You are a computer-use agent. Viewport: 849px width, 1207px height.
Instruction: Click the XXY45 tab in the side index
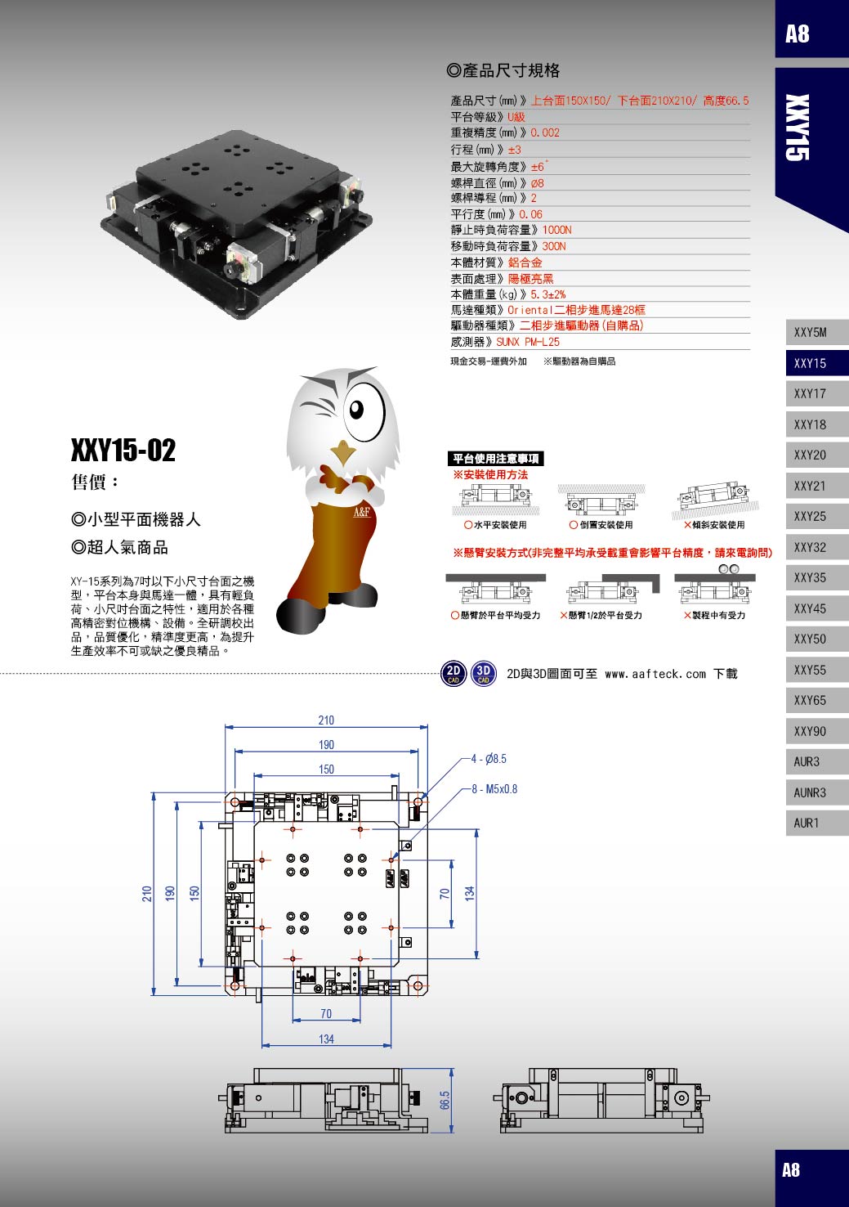click(x=817, y=608)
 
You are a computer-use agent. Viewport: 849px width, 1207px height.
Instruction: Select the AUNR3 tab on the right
click(x=817, y=792)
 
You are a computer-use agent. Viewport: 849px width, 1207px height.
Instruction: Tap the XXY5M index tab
click(x=817, y=332)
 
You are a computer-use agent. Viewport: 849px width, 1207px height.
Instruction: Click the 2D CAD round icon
click(x=454, y=673)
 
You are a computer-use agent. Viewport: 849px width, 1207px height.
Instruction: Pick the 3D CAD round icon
click(x=484, y=673)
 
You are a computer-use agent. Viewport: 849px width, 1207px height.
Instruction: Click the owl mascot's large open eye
click(x=364, y=411)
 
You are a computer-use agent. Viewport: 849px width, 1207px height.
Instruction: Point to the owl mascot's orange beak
click(x=342, y=452)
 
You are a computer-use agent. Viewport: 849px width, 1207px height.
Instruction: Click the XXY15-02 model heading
click(x=123, y=450)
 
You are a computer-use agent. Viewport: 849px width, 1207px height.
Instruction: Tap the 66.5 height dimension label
click(x=445, y=1100)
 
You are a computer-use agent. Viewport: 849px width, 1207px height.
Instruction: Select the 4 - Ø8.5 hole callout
click(x=489, y=759)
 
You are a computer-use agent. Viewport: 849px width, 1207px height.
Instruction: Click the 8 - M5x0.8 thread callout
click(x=494, y=789)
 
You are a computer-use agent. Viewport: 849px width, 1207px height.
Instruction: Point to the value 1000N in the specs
click(x=556, y=230)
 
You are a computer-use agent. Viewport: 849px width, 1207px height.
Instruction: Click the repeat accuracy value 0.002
click(x=545, y=132)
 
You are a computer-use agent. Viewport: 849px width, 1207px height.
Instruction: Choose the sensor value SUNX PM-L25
click(x=528, y=342)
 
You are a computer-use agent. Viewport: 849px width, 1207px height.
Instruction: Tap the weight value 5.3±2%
click(x=548, y=294)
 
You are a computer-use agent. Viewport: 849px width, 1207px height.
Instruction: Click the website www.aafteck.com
click(x=655, y=674)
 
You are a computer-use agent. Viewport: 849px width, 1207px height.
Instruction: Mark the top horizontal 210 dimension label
click(x=326, y=720)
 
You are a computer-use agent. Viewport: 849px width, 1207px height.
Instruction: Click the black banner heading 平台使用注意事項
click(x=496, y=459)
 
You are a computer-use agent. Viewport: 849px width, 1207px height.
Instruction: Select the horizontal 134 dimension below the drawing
click(x=326, y=1039)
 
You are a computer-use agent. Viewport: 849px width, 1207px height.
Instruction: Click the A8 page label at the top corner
click(x=797, y=34)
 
